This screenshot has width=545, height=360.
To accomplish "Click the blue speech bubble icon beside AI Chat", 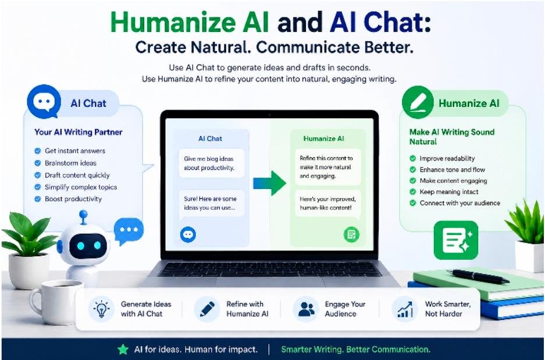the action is [x=44, y=101].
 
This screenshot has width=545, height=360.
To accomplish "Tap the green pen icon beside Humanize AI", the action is [x=418, y=102].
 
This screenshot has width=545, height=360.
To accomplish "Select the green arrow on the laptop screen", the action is [x=269, y=183].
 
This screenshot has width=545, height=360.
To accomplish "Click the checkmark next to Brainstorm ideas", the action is [x=38, y=163].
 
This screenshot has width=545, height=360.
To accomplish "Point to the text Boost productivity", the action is [x=73, y=199].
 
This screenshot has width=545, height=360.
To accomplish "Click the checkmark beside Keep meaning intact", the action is [x=412, y=192].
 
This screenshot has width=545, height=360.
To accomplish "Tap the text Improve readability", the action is [x=447, y=158].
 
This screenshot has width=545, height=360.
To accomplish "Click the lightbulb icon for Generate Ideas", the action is [x=101, y=309].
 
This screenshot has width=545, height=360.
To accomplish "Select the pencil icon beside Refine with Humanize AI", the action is [x=207, y=309].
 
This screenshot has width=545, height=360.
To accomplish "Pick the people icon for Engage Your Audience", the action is [x=306, y=309].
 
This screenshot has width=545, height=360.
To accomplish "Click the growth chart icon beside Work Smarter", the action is [x=405, y=309].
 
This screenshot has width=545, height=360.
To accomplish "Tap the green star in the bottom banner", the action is [x=123, y=349].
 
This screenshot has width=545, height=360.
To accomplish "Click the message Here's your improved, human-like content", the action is [x=328, y=204].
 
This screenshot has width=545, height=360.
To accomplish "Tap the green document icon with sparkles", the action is [x=456, y=240].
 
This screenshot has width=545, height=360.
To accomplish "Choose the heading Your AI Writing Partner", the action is [x=79, y=132].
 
